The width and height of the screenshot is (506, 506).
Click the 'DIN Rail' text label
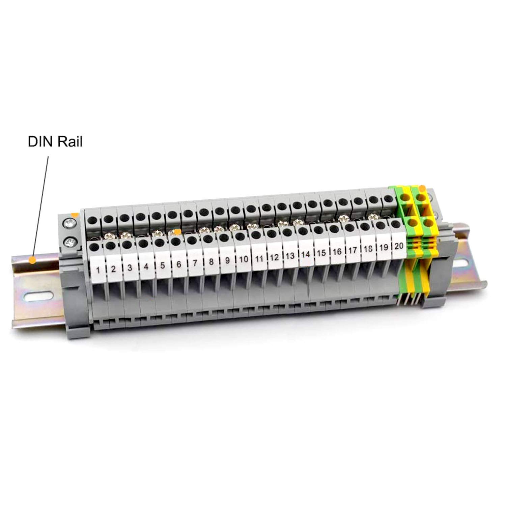[x=55, y=142]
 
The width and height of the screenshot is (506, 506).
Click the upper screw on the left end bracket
[x=70, y=223]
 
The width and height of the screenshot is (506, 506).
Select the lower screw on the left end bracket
[x=70, y=242]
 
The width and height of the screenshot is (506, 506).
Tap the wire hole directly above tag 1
[x=95, y=246]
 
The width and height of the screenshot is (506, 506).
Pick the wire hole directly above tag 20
[x=396, y=224]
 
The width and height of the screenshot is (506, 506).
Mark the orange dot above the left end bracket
[x=74, y=215]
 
